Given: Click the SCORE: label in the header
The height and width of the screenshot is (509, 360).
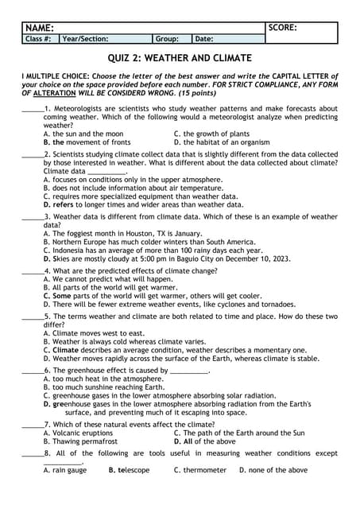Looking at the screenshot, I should [283, 28].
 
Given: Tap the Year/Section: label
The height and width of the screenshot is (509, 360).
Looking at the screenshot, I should [85, 38].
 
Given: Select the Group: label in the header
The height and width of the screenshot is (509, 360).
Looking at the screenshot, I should [167, 38].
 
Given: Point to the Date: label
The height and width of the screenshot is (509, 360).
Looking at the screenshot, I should [204, 38].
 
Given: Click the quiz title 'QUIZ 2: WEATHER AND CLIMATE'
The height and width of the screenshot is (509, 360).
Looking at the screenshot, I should [180, 58].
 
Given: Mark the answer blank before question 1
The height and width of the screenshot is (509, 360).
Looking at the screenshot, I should [32, 108].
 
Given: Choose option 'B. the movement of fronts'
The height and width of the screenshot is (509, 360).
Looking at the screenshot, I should [87, 142].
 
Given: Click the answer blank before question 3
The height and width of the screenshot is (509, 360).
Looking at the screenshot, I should [32, 216].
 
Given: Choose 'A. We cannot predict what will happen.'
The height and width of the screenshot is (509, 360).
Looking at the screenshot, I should [108, 279].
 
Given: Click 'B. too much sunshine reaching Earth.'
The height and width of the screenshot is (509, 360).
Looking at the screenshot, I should [106, 387].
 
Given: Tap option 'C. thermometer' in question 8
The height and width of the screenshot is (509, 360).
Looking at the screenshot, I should [200, 470].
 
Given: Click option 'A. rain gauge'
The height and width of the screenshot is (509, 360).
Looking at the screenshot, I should [65, 470].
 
